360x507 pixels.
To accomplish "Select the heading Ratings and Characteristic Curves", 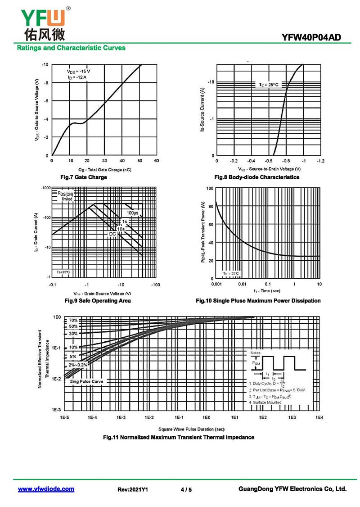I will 71,48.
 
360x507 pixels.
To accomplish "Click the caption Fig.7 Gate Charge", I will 84,177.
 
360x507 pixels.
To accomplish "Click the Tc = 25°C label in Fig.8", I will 269,84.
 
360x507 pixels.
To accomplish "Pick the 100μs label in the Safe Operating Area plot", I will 132,213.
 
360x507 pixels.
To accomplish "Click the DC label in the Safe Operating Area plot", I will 112,234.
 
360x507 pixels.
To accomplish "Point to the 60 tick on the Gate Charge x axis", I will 156,161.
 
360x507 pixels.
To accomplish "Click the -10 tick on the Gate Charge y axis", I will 45,65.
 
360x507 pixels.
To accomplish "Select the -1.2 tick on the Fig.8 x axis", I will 320,161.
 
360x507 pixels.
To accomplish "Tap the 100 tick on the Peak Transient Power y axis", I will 209,188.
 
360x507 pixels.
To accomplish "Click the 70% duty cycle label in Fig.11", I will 73,320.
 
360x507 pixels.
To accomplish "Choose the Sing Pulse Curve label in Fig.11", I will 86,381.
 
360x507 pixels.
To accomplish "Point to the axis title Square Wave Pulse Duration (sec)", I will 191,429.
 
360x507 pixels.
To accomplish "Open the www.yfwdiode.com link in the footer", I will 46,489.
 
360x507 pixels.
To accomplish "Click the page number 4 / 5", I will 186,489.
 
